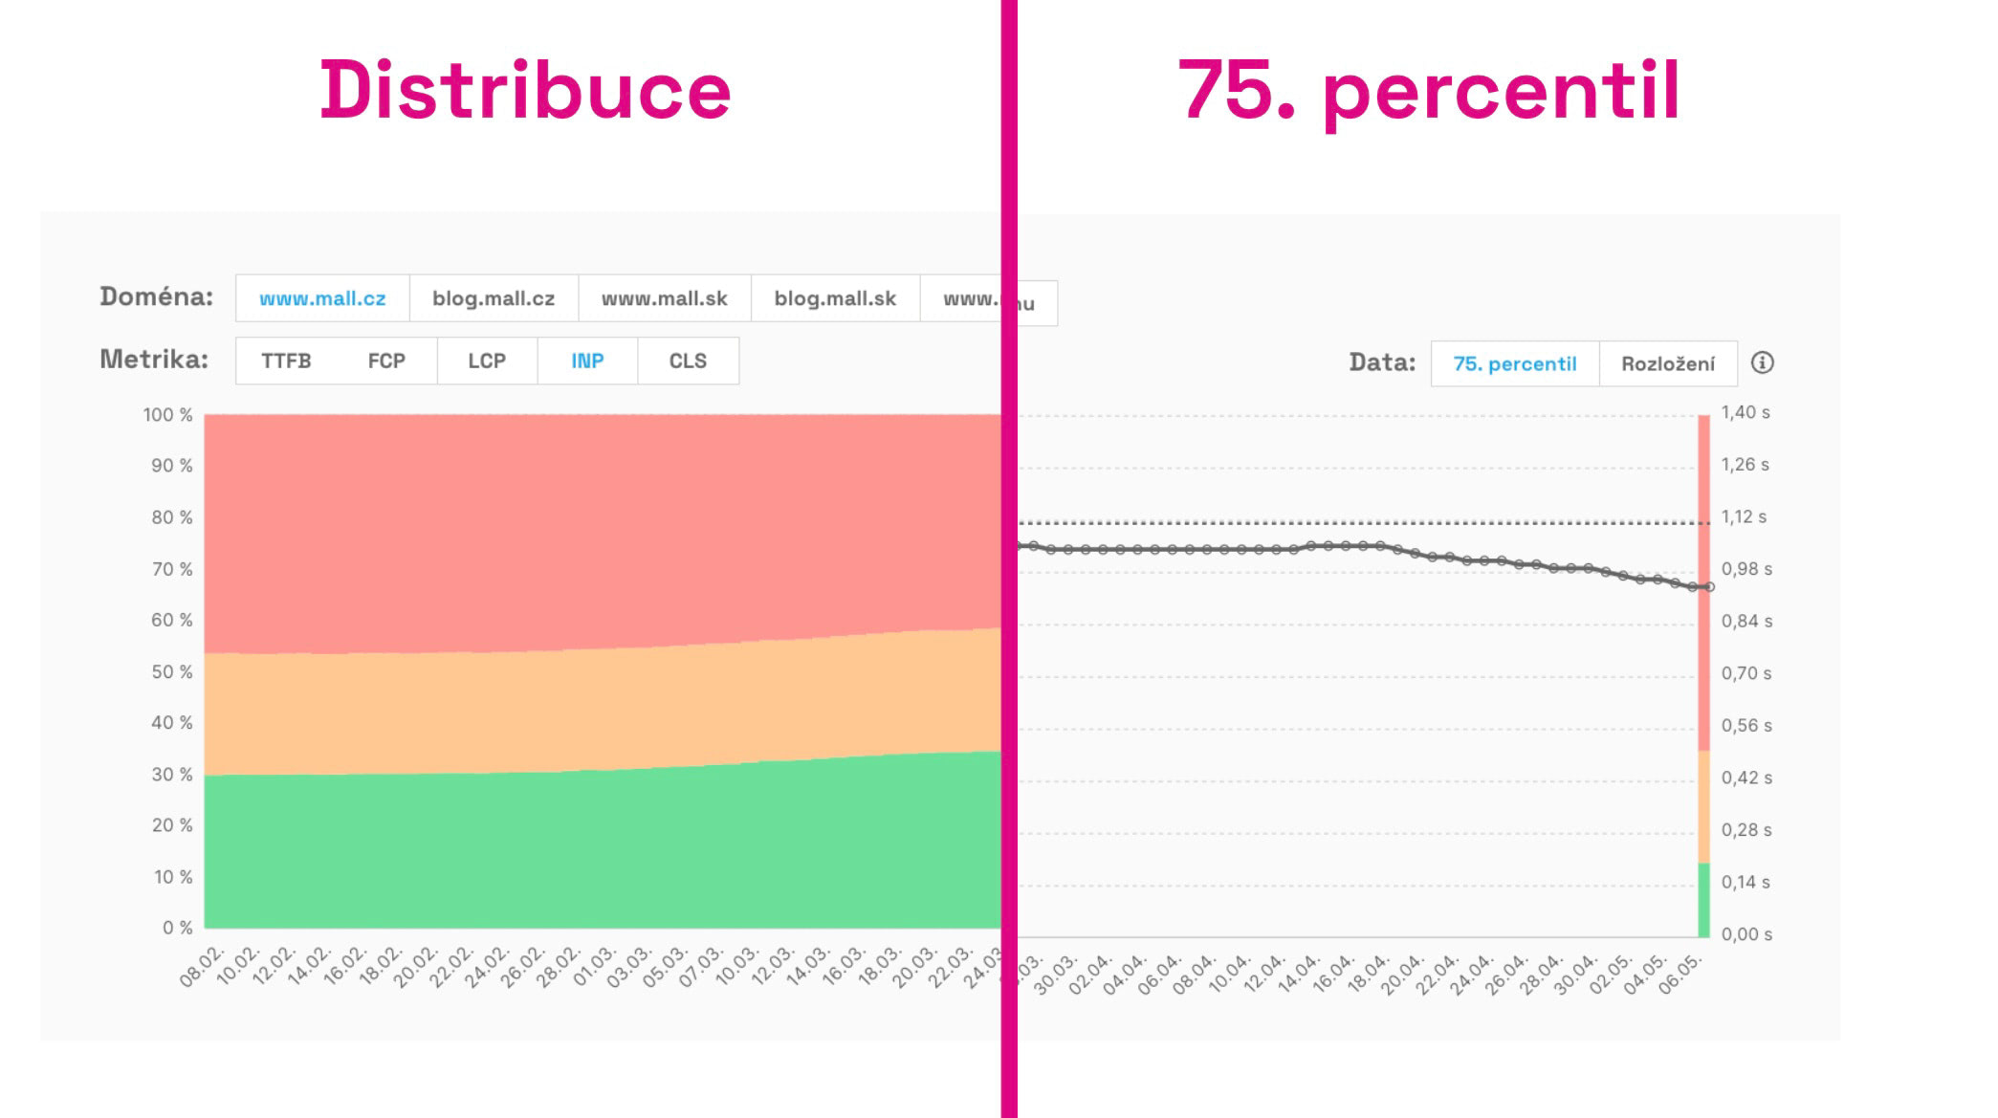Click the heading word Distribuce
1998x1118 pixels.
(x=525, y=90)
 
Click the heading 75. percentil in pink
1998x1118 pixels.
(x=1428, y=90)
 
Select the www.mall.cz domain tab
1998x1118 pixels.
(x=322, y=298)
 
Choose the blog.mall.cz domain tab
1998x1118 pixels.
(x=494, y=298)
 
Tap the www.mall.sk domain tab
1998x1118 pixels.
(x=664, y=298)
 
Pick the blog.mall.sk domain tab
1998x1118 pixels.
(x=835, y=298)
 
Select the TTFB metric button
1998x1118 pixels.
(x=286, y=361)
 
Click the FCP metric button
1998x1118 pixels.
(x=386, y=361)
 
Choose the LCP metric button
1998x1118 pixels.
(x=487, y=361)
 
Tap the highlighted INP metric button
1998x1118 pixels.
(x=587, y=361)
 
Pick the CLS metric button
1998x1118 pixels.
(x=688, y=361)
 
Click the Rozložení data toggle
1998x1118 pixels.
(x=1667, y=363)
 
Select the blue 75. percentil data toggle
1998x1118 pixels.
(x=1514, y=363)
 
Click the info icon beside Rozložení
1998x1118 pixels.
(x=1762, y=362)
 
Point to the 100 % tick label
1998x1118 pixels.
(x=168, y=415)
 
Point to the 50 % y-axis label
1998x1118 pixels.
(x=172, y=671)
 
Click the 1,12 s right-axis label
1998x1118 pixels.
(x=1744, y=516)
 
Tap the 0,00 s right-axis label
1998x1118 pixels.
(x=1746, y=933)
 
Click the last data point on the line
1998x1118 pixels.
(x=1709, y=587)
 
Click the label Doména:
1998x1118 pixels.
(x=157, y=296)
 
